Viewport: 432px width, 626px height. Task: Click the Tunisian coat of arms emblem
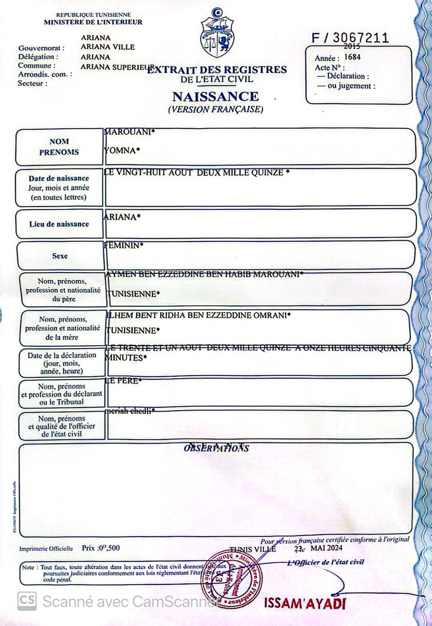(217, 34)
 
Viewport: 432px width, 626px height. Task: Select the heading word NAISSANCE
(216, 96)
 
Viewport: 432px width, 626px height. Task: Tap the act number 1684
(352, 57)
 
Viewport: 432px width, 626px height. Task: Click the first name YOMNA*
(122, 151)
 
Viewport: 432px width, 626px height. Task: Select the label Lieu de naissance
(59, 224)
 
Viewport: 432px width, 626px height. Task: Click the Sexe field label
(60, 256)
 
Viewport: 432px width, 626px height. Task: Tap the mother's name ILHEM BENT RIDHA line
(198, 315)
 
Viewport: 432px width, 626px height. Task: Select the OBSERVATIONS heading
(216, 448)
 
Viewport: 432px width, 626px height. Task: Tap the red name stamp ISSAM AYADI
(304, 603)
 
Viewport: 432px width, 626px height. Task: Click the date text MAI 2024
(326, 548)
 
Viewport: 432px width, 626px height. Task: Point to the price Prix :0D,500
(100, 548)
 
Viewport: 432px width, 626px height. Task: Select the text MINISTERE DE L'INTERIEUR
(93, 22)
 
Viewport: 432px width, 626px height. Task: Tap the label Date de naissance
(59, 178)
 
